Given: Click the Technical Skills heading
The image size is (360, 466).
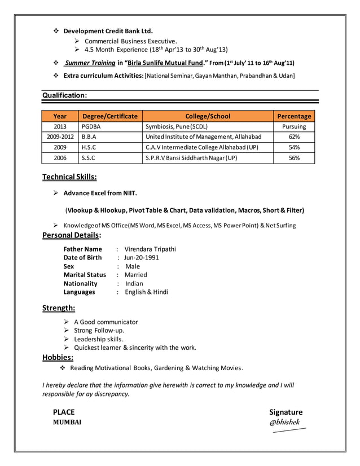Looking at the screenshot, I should (69, 178).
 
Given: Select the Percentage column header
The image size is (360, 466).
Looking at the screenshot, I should (294, 116).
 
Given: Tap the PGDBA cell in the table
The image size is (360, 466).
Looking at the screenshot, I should (91, 127).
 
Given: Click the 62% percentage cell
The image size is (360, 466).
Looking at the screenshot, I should (294, 137).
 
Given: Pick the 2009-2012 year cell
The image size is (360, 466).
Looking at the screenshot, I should (60, 137).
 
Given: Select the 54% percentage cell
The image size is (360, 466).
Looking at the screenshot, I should (294, 147).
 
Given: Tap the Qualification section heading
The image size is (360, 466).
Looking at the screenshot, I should (65, 96).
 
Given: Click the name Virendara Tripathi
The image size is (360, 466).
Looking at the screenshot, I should (150, 249).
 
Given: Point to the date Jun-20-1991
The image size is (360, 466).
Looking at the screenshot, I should (142, 258).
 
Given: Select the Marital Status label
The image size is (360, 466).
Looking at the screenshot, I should (85, 275).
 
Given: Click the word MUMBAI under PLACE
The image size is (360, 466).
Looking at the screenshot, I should (67, 423).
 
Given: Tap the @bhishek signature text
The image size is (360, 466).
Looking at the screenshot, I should (285, 422).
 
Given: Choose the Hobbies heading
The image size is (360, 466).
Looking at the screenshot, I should (58, 357).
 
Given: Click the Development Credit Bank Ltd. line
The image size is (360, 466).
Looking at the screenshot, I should (108, 30).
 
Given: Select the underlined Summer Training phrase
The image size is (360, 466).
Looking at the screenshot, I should (90, 63).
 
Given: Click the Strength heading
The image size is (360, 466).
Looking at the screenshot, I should (59, 308).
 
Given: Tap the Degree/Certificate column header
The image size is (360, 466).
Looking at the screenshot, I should (109, 116).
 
